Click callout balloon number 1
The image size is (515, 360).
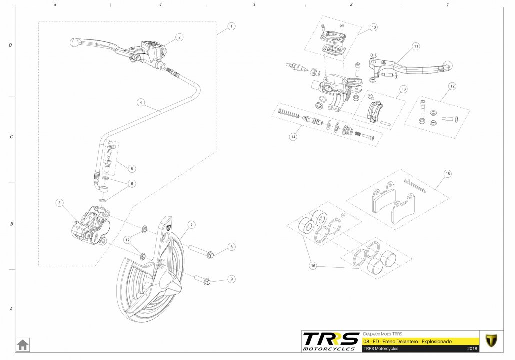pos(231,25)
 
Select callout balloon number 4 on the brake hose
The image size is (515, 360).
pos(142,103)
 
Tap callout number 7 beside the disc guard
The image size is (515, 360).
pos(191,225)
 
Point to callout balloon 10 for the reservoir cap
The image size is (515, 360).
pos(374,27)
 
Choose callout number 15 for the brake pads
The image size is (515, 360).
pos(447,174)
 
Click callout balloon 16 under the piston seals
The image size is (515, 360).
pos(313,266)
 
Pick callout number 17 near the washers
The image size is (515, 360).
pos(128,240)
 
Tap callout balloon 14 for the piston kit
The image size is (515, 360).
pos(293,136)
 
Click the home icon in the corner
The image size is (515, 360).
pos(23,345)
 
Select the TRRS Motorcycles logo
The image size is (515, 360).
pos(331,341)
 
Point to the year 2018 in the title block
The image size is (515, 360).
pos(472,348)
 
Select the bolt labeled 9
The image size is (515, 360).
pos(206,281)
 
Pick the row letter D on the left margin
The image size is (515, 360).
pos(10,45)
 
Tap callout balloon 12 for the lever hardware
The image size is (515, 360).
pos(452,86)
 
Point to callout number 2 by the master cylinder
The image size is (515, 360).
pos(179,37)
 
